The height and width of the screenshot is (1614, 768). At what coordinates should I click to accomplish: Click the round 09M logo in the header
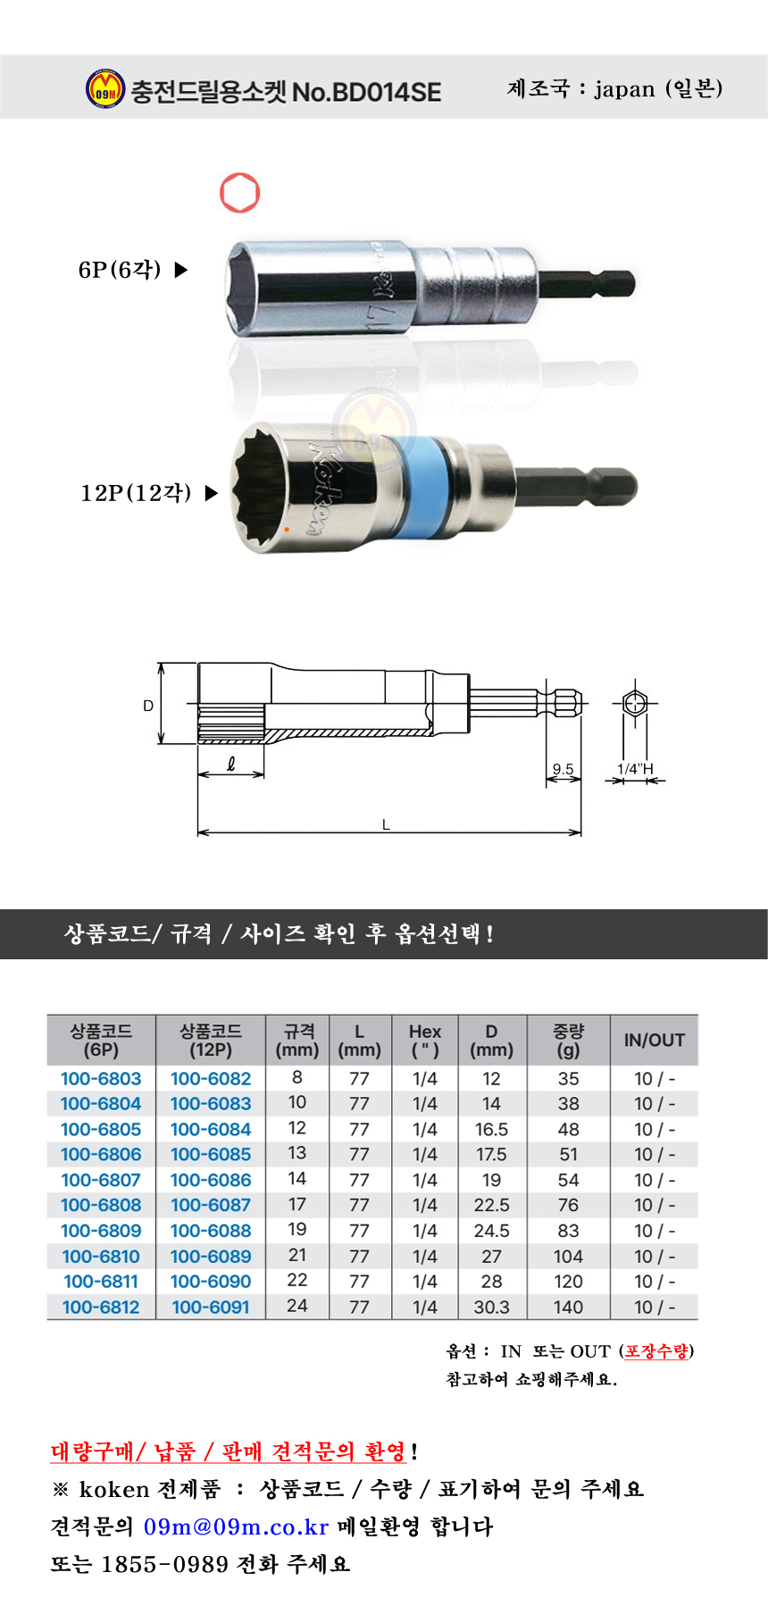(x=104, y=89)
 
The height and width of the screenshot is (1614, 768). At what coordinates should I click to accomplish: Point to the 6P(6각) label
(x=120, y=270)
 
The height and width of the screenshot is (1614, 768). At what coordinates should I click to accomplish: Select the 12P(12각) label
(x=136, y=493)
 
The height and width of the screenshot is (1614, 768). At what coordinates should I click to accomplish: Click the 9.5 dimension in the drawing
(x=563, y=769)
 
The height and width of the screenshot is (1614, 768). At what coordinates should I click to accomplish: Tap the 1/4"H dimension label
(x=635, y=769)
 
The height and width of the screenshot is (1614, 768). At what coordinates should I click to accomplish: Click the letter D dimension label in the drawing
(x=148, y=706)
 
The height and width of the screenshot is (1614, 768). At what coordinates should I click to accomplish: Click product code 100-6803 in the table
(x=101, y=1079)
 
